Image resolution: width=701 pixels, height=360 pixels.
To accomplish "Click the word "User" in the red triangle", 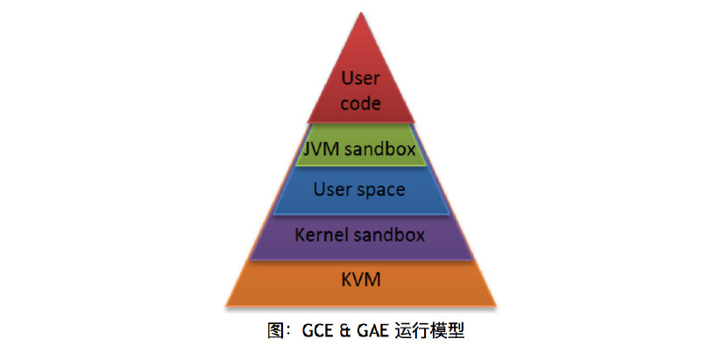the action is coord(360,78).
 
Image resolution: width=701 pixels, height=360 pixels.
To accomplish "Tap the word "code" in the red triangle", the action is coord(360,103).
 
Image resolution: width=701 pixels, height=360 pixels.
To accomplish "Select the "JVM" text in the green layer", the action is coord(321,149).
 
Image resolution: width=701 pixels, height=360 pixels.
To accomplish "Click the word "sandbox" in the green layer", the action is coord(380,149).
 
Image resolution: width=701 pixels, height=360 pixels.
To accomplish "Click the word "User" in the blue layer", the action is coord(332,189).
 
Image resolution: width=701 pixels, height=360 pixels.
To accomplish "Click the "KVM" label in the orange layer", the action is coord(361,279).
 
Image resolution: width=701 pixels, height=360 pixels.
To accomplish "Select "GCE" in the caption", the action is coord(318,331).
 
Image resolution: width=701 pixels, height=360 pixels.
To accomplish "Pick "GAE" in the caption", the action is coord(372,331).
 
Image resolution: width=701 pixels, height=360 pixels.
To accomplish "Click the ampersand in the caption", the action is coord(345,331).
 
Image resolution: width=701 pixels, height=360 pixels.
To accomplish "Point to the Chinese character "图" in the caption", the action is coord(275,331).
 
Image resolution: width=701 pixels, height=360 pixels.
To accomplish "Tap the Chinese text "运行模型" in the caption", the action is coord(429,331).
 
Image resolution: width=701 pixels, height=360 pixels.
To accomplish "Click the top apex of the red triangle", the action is coord(361,13).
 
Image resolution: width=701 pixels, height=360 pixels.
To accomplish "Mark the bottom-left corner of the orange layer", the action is coord(226,306).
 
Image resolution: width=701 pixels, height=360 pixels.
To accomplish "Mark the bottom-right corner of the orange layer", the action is coord(496,306).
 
